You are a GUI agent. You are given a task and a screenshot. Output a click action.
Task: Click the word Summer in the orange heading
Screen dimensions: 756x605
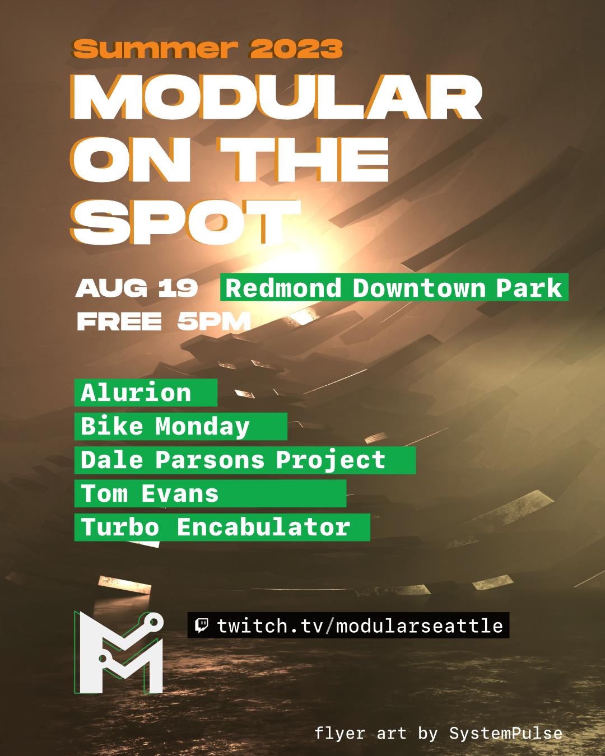pyautogui.click(x=155, y=49)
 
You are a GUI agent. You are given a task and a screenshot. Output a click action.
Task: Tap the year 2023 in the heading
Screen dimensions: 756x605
pyautogui.click(x=296, y=49)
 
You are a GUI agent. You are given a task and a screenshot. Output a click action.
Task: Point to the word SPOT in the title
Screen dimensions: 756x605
pyautogui.click(x=185, y=222)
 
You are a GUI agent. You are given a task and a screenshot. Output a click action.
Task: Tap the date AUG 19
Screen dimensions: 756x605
pyautogui.click(x=137, y=288)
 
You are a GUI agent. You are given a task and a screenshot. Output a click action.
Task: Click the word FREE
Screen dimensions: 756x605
pyautogui.click(x=119, y=322)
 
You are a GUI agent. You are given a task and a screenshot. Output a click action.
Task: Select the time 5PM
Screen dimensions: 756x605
pyautogui.click(x=214, y=322)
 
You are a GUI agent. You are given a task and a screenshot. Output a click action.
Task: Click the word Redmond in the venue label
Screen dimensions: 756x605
pyautogui.click(x=283, y=288)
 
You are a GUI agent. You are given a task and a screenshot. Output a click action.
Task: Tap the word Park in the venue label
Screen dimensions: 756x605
pyautogui.click(x=529, y=288)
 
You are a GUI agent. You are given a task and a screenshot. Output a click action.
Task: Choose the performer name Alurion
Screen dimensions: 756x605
pyautogui.click(x=136, y=393)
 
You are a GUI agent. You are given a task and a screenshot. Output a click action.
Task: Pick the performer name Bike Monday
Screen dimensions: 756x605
pyautogui.click(x=165, y=427)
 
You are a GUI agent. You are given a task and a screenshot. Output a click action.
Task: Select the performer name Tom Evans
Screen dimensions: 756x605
pyautogui.click(x=150, y=494)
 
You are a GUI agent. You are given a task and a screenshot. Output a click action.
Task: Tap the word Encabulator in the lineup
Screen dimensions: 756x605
pyautogui.click(x=263, y=528)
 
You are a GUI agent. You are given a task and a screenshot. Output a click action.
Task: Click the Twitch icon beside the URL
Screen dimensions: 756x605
pyautogui.click(x=202, y=625)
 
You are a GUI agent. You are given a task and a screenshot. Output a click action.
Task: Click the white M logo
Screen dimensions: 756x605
pyautogui.click(x=119, y=655)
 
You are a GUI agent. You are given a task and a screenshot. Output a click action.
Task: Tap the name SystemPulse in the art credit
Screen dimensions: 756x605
pyautogui.click(x=505, y=733)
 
